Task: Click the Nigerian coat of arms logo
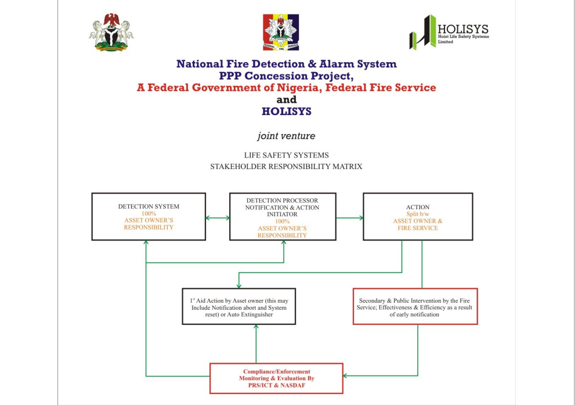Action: click(x=111, y=33)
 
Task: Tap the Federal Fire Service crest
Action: click(x=281, y=33)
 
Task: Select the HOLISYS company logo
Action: click(x=449, y=33)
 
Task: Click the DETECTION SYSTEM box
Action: click(x=149, y=217)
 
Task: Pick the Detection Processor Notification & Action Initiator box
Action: click(x=283, y=217)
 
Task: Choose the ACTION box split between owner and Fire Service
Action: click(x=418, y=217)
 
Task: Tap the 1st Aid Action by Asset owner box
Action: click(x=239, y=307)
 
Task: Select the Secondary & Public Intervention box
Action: click(x=415, y=306)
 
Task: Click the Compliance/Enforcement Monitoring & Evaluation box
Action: click(x=276, y=378)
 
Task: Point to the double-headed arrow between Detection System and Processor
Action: click(x=218, y=218)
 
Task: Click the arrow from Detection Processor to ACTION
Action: click(x=349, y=218)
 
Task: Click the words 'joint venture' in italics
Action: click(x=286, y=136)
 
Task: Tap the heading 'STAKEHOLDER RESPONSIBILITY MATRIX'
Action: click(x=286, y=167)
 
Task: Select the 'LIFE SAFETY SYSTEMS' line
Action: click(x=286, y=155)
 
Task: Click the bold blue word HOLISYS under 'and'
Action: click(x=286, y=111)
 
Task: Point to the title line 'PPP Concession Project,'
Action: click(x=286, y=76)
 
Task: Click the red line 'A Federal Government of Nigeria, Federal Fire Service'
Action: click(x=286, y=88)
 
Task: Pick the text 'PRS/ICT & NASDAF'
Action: click(x=276, y=385)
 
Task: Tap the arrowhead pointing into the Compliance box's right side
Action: click(x=346, y=376)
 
